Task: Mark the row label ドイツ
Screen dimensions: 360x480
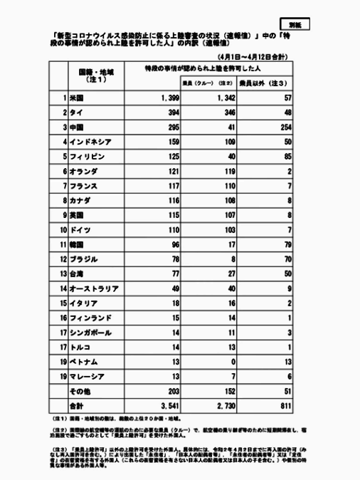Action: [x=80, y=231]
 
